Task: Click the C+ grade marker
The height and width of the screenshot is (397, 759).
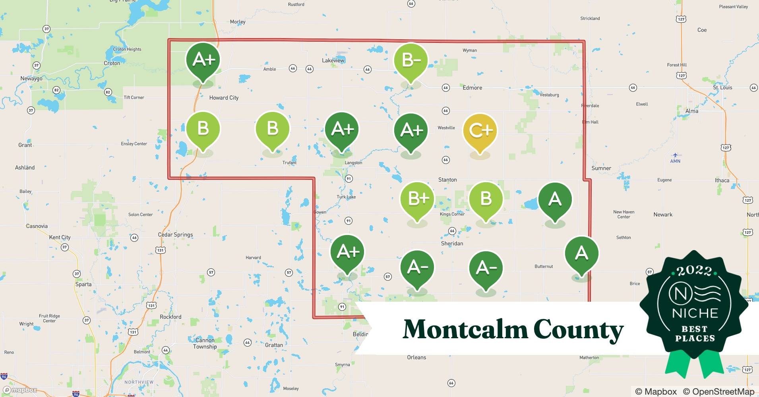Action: (x=480, y=130)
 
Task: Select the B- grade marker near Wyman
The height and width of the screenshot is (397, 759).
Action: (x=411, y=60)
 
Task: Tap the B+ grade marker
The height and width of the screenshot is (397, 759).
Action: (x=417, y=198)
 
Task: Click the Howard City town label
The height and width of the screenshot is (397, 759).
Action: (x=224, y=98)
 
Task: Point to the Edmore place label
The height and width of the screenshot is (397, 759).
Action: (x=472, y=88)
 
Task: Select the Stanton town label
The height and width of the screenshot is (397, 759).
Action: (x=447, y=180)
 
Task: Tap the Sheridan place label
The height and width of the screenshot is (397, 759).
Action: (x=452, y=243)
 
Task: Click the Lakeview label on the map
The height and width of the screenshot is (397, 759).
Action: (x=333, y=60)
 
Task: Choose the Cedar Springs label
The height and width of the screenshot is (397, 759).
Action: (x=175, y=235)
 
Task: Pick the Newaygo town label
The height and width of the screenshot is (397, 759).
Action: (x=31, y=79)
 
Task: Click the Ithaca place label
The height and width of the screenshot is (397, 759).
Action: (x=722, y=180)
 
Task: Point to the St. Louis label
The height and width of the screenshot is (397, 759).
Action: (x=722, y=88)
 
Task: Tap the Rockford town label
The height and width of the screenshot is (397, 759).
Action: (x=170, y=317)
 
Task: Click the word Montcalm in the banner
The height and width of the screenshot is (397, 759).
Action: (x=465, y=330)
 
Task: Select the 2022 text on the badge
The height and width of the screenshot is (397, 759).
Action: (x=694, y=271)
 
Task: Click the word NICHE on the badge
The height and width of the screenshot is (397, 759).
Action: (x=695, y=313)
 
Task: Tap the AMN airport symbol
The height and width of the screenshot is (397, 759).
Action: (x=675, y=155)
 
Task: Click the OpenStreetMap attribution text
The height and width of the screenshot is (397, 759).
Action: (x=718, y=391)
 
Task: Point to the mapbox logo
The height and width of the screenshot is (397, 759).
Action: (x=21, y=390)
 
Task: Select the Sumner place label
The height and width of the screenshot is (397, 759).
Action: (x=601, y=168)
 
